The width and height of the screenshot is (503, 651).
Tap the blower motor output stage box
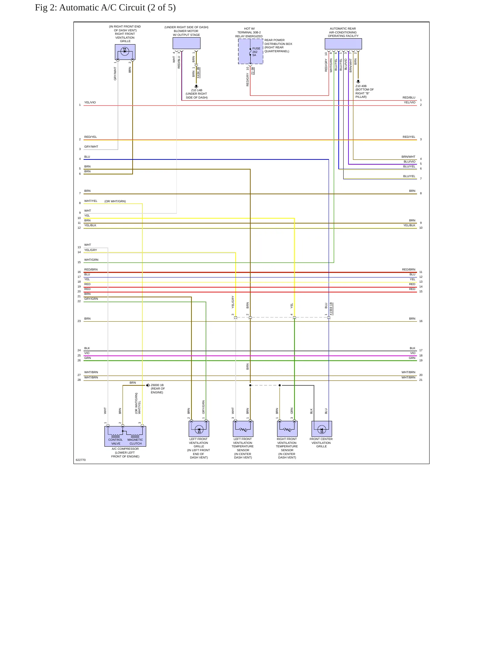(x=186, y=43)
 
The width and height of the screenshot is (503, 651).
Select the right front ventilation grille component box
(x=125, y=52)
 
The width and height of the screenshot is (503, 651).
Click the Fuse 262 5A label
(x=256, y=52)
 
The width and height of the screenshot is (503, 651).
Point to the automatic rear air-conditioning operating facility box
(x=343, y=44)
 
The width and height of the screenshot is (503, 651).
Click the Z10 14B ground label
(x=197, y=90)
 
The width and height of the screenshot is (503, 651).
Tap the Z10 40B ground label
(x=361, y=86)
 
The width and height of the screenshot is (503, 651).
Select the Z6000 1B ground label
(x=157, y=385)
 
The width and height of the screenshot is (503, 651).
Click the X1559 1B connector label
(x=331, y=309)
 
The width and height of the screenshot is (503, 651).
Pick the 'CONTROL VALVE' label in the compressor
(x=116, y=441)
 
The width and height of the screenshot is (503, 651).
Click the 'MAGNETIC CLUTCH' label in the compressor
(x=135, y=441)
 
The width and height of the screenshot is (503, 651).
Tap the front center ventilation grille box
(x=322, y=429)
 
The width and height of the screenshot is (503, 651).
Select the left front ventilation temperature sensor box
(x=243, y=429)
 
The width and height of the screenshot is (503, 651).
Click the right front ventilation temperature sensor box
(x=287, y=429)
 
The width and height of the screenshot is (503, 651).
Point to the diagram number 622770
(x=81, y=460)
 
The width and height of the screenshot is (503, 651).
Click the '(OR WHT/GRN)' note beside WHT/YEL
(x=115, y=201)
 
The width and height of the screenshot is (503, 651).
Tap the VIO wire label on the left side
(x=87, y=353)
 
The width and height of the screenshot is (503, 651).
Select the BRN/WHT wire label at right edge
(x=408, y=157)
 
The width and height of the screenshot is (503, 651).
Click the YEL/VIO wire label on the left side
(x=90, y=102)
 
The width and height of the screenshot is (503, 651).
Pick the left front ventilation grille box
(x=199, y=429)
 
